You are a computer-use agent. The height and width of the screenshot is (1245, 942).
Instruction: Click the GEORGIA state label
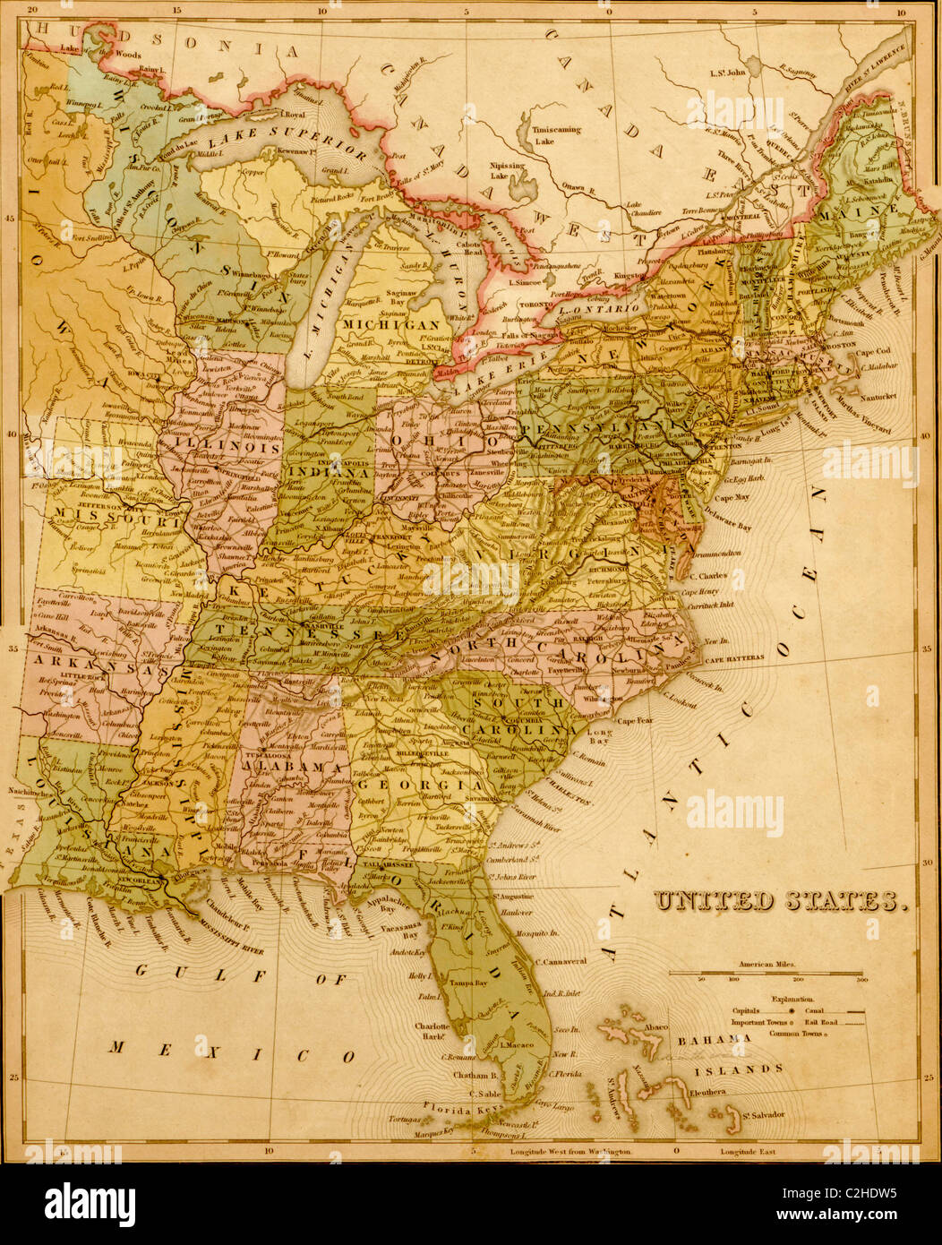(x=422, y=785)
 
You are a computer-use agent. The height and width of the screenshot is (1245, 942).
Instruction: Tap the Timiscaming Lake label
(x=555, y=135)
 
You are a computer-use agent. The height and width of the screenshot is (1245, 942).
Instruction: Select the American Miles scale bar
(x=766, y=974)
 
